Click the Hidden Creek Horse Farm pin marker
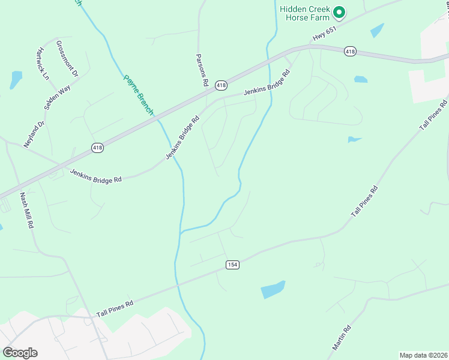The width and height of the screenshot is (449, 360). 339,11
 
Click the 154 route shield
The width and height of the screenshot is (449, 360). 233,265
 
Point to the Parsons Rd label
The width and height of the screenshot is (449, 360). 202,70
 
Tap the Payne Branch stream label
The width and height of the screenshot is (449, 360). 139,95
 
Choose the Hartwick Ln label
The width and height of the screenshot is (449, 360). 42,64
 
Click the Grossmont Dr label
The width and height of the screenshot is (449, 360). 67,59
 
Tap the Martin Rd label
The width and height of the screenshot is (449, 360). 342,337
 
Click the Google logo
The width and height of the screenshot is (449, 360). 20,353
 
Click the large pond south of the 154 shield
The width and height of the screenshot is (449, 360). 273,289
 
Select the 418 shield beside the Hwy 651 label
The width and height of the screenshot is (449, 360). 351,52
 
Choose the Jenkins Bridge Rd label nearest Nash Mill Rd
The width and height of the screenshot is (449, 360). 95,175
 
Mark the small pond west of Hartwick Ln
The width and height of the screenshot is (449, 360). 16,79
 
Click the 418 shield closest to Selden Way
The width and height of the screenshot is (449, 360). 98,147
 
